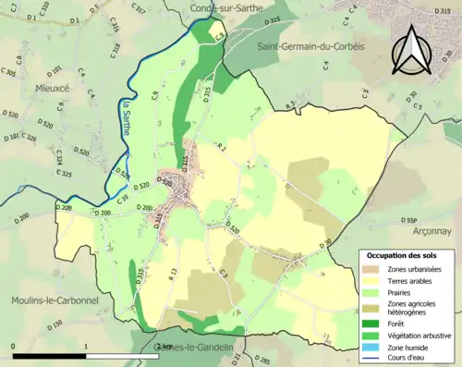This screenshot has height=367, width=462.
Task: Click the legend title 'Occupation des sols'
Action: click(403, 254)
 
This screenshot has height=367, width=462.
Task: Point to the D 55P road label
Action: click(412, 220)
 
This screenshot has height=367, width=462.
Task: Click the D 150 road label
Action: click(56, 325)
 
